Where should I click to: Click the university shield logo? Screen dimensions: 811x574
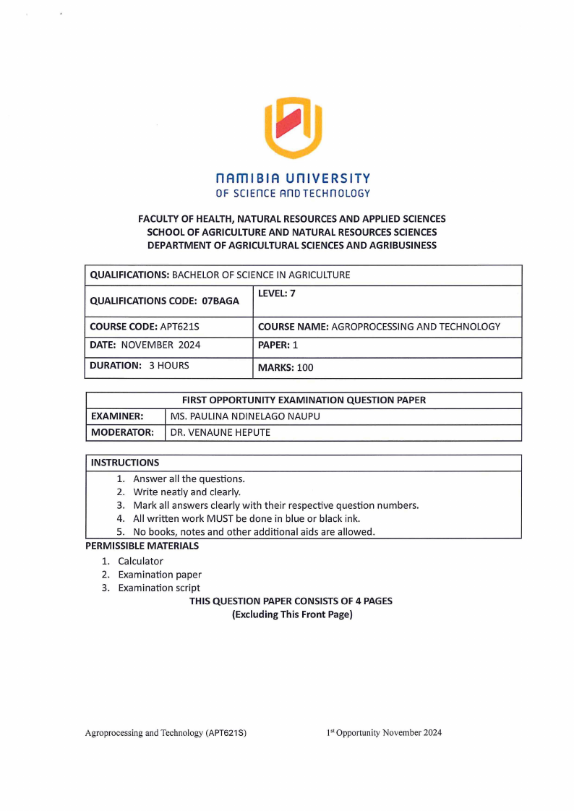click(x=293, y=127)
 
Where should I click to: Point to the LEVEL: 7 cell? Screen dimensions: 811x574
click(x=277, y=293)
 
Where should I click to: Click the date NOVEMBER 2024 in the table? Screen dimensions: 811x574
click(x=160, y=346)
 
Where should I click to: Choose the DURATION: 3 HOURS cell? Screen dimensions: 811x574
click(x=139, y=366)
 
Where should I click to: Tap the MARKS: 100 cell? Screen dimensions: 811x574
click(x=286, y=368)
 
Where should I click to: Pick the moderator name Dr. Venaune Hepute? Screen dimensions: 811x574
click(x=220, y=433)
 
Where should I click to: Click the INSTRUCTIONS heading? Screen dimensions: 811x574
click(x=124, y=463)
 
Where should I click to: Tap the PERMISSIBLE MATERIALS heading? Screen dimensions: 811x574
click(x=142, y=546)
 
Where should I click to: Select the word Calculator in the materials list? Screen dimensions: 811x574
click(x=141, y=561)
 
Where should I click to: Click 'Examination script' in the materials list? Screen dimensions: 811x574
click(x=159, y=588)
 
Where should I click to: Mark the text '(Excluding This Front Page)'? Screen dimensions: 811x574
click(x=291, y=614)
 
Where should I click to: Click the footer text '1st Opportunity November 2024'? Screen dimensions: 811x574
click(x=383, y=733)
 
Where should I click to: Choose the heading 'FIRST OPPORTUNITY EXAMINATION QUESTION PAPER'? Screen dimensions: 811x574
click(x=304, y=400)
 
